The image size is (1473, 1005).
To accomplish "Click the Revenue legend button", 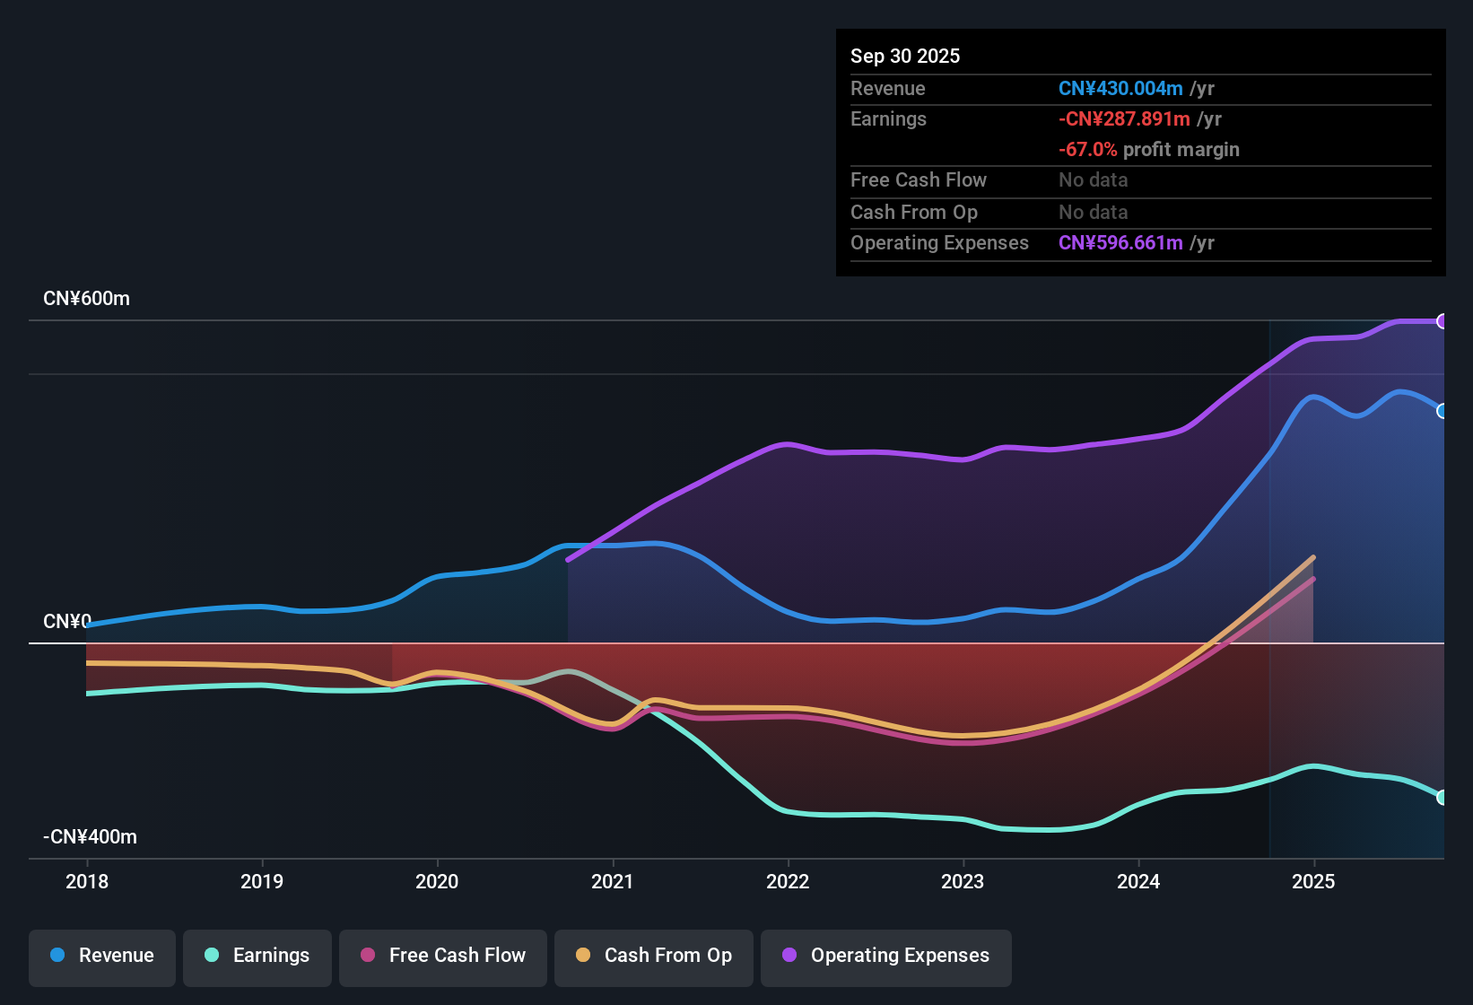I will point(102,956).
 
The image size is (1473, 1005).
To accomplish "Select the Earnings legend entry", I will point(257,956).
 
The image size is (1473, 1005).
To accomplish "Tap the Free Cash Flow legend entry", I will point(443,956).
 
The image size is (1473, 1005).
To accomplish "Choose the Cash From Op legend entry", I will point(654,956).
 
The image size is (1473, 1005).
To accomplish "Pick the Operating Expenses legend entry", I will point(886,956).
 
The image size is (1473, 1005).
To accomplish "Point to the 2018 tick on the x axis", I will point(87,881).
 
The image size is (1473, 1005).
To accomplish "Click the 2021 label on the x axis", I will point(613,881).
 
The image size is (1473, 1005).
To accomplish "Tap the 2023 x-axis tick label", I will point(963,881).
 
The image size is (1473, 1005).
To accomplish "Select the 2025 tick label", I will point(1313,881).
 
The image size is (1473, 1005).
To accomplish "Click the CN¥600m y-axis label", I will point(86,299).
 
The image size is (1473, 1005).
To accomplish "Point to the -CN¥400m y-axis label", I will point(90,837).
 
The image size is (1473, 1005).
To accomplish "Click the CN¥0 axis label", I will point(67,621).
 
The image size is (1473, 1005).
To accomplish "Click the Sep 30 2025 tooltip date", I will point(905,56).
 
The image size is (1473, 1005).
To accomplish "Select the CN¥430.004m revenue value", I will point(1120,89).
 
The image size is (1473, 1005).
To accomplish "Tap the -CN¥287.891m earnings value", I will point(1124,119).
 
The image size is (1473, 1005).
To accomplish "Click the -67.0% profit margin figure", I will point(1087,150).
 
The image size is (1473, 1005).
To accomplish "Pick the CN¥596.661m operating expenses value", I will point(1120,243).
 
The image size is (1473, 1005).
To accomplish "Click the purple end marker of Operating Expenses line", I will point(1442,321).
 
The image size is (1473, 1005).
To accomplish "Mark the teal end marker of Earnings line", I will point(1442,797).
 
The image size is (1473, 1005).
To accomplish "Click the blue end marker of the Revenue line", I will point(1442,411).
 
